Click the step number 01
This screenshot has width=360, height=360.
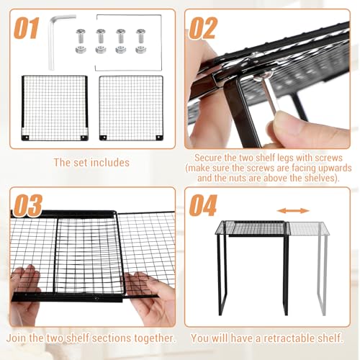coord(26,28)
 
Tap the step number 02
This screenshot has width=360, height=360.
coord(203,28)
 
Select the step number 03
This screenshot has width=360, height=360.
coord(28,205)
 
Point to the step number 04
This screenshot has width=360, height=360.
coord(203,205)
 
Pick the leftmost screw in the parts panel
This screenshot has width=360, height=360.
coord(81,36)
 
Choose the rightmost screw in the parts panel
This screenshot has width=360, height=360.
coord(141,36)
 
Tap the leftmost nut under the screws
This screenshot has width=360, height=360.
coord(81,50)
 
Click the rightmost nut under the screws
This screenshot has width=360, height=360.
coord(140,50)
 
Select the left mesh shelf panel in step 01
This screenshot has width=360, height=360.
coord(55,108)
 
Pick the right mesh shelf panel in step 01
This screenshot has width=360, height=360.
coord(131,108)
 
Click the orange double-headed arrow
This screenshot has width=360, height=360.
coord(293,211)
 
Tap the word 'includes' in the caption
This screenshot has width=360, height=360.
coord(110,163)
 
